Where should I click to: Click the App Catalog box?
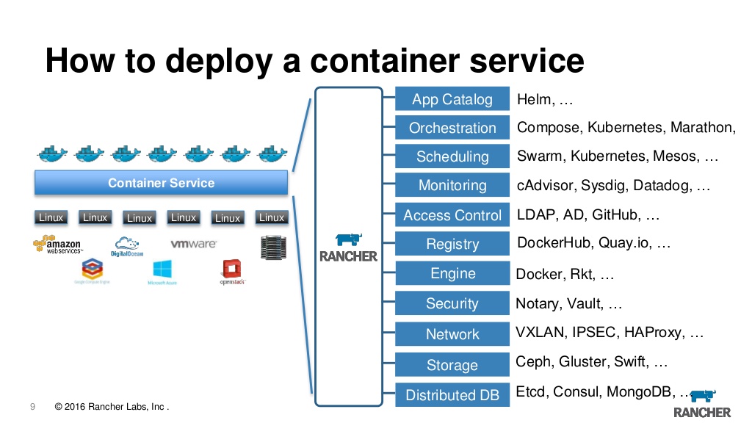(x=452, y=100)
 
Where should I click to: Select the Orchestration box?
(x=452, y=128)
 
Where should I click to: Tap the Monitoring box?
(x=452, y=186)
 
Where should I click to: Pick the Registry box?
(x=452, y=245)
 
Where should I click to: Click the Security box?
(x=452, y=303)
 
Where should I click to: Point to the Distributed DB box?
(x=452, y=395)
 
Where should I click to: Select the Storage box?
(x=452, y=365)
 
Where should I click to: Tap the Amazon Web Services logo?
(x=57, y=245)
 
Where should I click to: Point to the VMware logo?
(x=193, y=244)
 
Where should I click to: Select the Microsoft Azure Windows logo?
(x=162, y=272)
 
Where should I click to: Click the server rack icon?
(x=272, y=246)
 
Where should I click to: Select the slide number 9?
(x=32, y=407)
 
